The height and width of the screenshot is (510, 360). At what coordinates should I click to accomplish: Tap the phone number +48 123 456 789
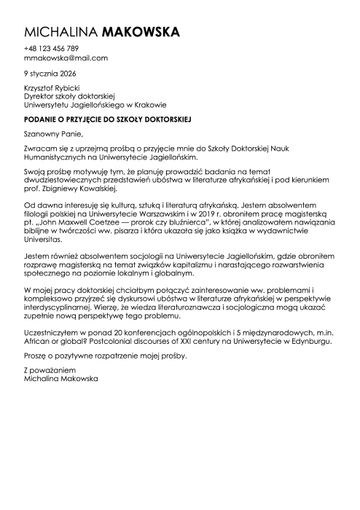pyautogui.click(x=51, y=49)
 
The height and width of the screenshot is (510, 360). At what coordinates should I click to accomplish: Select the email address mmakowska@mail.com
pyautogui.click(x=66, y=58)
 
